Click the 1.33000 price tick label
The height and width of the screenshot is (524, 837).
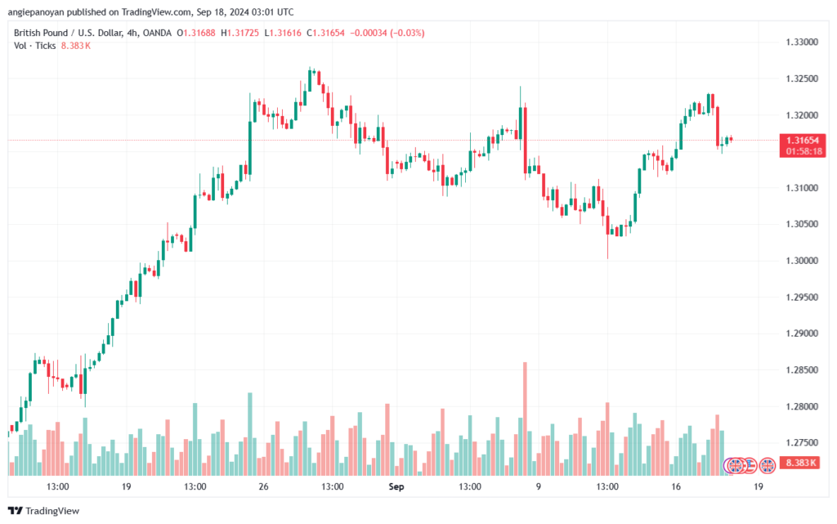point(801,42)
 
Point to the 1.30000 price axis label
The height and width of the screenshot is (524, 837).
point(801,261)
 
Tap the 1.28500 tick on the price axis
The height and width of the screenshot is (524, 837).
point(801,370)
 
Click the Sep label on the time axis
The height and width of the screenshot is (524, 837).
point(396,486)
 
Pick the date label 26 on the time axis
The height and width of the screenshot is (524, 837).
point(263,486)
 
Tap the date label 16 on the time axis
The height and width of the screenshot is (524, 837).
point(677,486)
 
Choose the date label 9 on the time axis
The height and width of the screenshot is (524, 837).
point(539,486)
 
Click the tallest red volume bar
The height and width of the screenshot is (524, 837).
point(525,417)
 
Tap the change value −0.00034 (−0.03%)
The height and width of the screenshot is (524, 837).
point(387,33)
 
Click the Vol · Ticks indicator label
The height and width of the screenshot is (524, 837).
point(34,46)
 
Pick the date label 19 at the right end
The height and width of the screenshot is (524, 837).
point(759,486)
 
